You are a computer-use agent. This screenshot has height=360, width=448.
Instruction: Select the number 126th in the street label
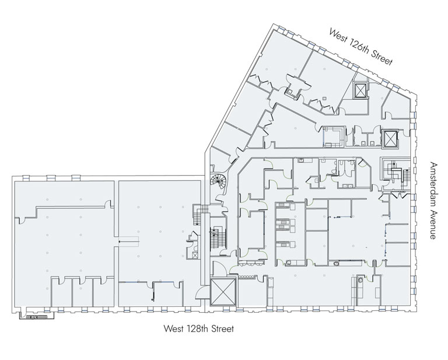(x=359, y=47)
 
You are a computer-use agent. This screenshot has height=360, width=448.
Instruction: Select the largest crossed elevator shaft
(x=223, y=291)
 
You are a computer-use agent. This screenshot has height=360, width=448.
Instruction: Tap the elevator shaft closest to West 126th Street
(x=360, y=90)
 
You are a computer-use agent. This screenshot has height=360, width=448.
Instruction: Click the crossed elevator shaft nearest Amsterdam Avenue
(x=390, y=138)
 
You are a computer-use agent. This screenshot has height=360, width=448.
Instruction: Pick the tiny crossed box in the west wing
(x=195, y=255)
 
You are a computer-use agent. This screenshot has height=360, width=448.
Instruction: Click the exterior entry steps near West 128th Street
(x=37, y=316)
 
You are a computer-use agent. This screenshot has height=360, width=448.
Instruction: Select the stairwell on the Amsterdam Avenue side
(x=397, y=174)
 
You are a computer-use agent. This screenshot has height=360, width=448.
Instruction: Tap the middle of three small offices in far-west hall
(x=83, y=291)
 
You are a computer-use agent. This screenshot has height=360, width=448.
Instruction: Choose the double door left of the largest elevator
(x=201, y=292)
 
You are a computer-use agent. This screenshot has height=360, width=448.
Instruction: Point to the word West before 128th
(x=173, y=328)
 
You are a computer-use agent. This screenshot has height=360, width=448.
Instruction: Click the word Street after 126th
(x=383, y=57)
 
